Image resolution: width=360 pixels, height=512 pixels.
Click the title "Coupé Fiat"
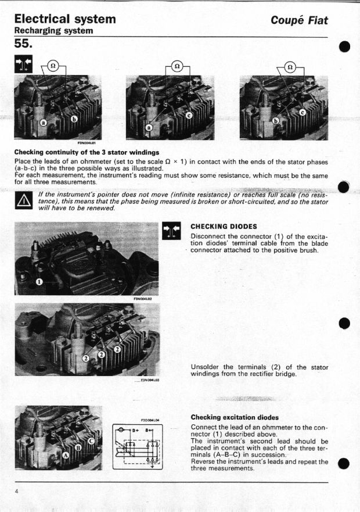299,20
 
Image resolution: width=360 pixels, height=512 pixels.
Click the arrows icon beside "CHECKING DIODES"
171,230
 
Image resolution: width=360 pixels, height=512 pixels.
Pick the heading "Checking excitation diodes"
235,417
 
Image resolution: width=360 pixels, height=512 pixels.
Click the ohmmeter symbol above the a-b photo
52,65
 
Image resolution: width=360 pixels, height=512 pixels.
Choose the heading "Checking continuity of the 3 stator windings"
86,152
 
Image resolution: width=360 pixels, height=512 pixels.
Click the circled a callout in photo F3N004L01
44,123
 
